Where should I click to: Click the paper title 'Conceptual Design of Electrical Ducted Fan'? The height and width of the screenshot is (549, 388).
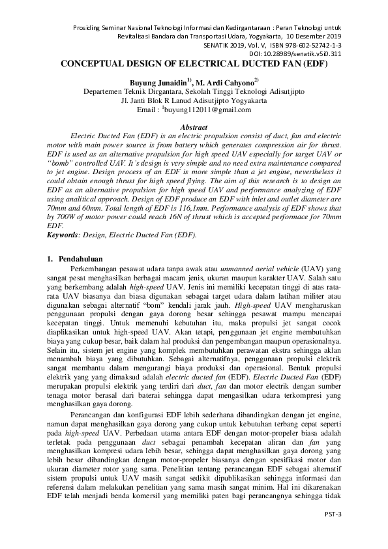click(x=194, y=65)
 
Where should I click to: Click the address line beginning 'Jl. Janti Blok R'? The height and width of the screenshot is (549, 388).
click(x=194, y=101)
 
